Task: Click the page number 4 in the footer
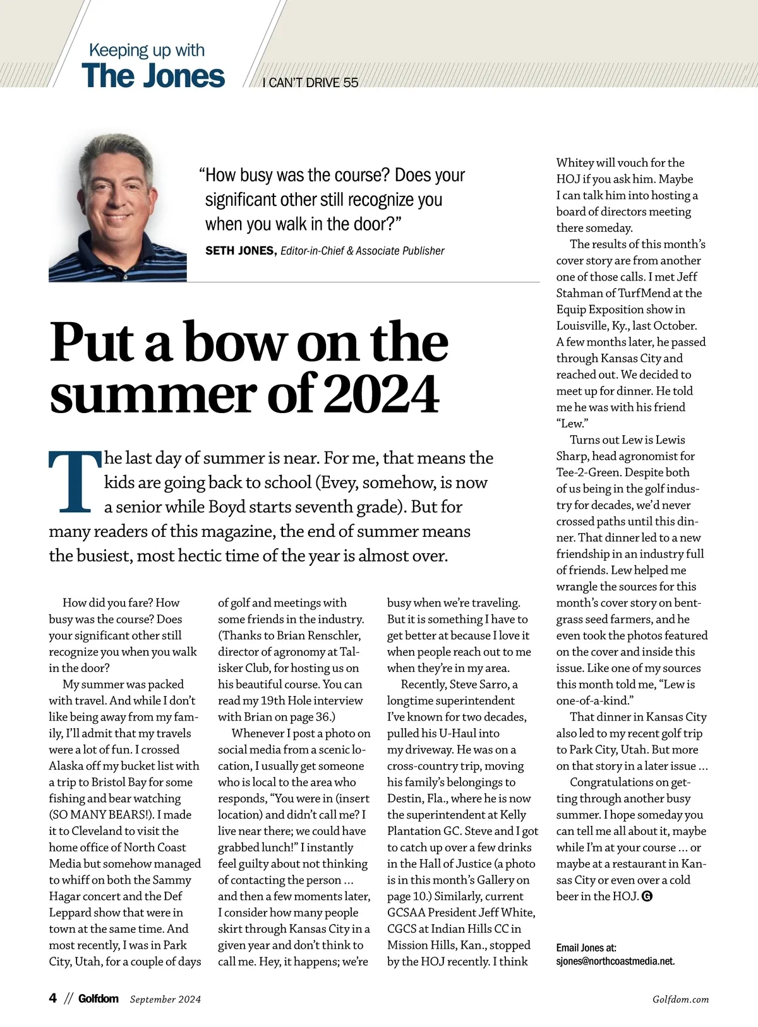point(53,998)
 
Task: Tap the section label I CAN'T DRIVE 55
point(310,83)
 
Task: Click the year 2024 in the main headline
point(383,394)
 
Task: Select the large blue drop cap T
point(75,481)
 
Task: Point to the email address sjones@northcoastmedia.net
point(615,961)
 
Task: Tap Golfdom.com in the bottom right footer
point(680,999)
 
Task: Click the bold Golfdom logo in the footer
point(99,999)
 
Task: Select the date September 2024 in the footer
point(165,999)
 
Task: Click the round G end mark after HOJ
point(646,896)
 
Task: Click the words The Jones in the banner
point(153,76)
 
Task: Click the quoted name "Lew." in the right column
point(572,423)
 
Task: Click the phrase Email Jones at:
point(586,947)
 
